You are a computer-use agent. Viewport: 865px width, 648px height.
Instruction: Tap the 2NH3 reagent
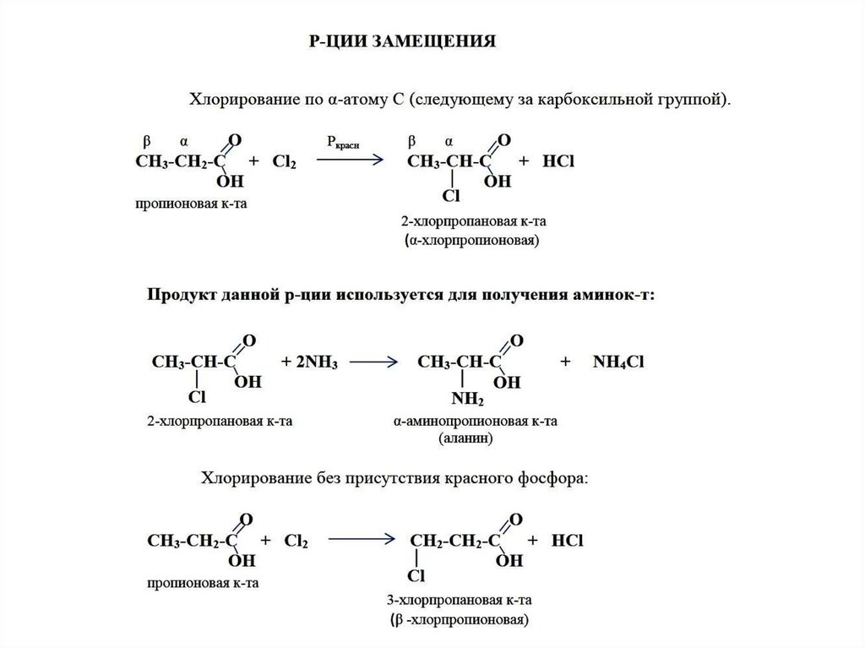click(x=311, y=362)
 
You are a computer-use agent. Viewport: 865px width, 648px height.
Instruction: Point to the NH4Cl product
click(x=619, y=362)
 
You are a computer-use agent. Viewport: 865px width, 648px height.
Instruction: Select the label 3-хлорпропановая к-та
click(x=460, y=601)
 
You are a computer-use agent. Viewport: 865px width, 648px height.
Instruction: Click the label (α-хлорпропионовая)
click(x=472, y=241)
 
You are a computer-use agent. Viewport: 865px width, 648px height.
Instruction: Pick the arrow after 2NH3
click(x=373, y=362)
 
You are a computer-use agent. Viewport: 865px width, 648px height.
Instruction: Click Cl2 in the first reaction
click(x=284, y=161)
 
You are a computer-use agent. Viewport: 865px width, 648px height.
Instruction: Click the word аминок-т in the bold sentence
click(x=618, y=295)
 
